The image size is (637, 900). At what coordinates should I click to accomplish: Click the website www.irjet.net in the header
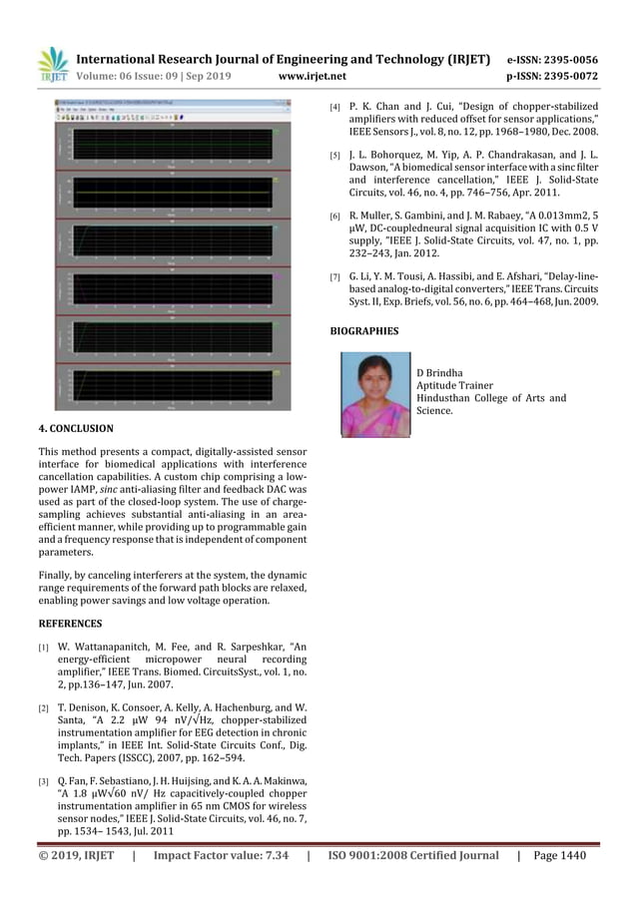point(313,76)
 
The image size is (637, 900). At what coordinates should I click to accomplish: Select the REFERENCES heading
point(70,624)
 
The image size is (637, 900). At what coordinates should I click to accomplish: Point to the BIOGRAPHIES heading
point(363,330)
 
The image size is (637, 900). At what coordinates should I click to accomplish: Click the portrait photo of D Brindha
point(375,395)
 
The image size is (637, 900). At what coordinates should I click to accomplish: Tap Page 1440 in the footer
point(560,855)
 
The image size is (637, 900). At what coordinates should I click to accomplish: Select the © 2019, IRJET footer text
point(77,855)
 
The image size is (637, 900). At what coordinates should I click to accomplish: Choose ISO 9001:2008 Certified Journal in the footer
point(413,855)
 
